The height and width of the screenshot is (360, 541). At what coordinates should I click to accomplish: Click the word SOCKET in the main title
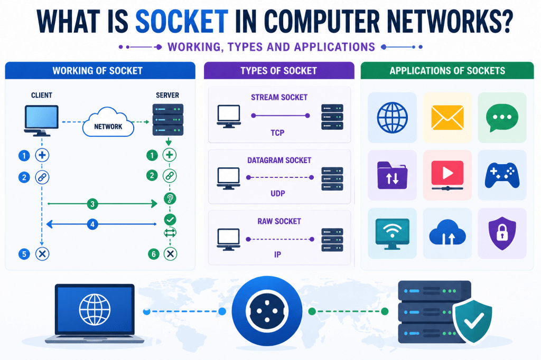(x=182, y=22)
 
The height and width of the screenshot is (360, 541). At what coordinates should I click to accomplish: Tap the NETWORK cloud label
(x=108, y=127)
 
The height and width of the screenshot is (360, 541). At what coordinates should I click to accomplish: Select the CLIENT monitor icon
(x=41, y=120)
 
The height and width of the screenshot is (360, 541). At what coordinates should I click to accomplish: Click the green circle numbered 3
(x=92, y=204)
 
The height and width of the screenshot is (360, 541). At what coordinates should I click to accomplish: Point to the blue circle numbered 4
(x=92, y=224)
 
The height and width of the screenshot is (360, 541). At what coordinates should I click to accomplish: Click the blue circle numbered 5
(x=24, y=254)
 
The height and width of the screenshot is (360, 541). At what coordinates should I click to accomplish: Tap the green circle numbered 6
(x=154, y=254)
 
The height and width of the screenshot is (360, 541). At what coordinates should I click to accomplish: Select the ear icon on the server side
(x=170, y=198)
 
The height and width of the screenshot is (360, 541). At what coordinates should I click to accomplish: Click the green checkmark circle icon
(x=170, y=219)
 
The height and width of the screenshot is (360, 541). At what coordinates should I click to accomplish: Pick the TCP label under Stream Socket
(x=277, y=133)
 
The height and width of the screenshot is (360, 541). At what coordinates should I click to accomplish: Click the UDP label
(x=278, y=193)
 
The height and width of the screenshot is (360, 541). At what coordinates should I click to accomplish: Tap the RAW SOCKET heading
(x=279, y=221)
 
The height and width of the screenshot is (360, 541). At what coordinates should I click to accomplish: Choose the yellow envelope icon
(x=447, y=118)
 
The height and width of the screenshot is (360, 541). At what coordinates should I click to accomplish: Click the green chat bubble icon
(x=502, y=118)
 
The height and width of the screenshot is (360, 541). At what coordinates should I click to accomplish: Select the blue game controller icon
(x=502, y=175)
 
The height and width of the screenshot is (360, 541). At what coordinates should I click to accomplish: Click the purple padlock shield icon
(x=502, y=233)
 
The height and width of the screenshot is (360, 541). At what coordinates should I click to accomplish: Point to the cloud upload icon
(x=447, y=232)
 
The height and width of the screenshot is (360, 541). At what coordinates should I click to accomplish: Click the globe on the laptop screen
(x=95, y=309)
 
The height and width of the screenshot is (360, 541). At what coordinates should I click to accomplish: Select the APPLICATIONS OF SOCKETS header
(x=447, y=71)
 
